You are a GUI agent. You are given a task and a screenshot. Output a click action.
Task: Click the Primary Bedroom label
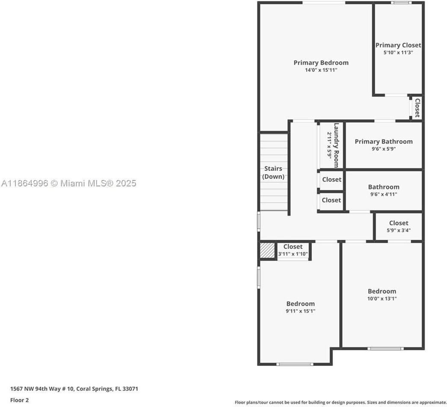click(x=321, y=63)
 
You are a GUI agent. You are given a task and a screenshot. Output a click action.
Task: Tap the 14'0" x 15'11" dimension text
click(x=321, y=70)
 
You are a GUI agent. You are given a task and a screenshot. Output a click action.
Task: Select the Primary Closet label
click(x=398, y=45)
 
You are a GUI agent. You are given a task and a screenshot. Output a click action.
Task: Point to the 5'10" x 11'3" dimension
click(x=398, y=53)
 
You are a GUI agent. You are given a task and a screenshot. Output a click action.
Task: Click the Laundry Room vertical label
click(x=336, y=145)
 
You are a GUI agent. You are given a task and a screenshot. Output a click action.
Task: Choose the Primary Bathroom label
click(x=384, y=142)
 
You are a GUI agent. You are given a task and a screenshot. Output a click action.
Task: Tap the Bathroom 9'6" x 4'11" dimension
click(x=384, y=194)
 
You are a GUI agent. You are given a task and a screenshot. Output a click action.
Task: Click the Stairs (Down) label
click(x=273, y=172)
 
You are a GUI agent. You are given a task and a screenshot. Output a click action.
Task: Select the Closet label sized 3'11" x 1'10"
click(x=293, y=247)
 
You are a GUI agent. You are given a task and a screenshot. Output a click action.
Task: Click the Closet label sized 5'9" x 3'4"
click(x=398, y=223)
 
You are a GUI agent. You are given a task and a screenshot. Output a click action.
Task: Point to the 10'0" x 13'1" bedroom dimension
click(x=382, y=299)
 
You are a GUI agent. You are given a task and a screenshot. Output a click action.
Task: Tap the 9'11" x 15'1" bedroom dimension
click(x=300, y=311)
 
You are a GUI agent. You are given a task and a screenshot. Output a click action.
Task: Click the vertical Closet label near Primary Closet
click(x=417, y=108)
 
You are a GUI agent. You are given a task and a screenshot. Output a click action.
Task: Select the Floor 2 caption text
click(x=20, y=400)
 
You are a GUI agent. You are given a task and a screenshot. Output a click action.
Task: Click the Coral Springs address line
click(x=74, y=389)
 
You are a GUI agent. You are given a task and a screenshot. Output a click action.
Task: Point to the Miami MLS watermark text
click(x=68, y=183)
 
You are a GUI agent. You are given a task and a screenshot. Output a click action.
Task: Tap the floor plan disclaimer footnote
click(x=340, y=402)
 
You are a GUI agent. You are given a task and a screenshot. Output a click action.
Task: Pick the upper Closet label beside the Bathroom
click(x=332, y=180)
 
